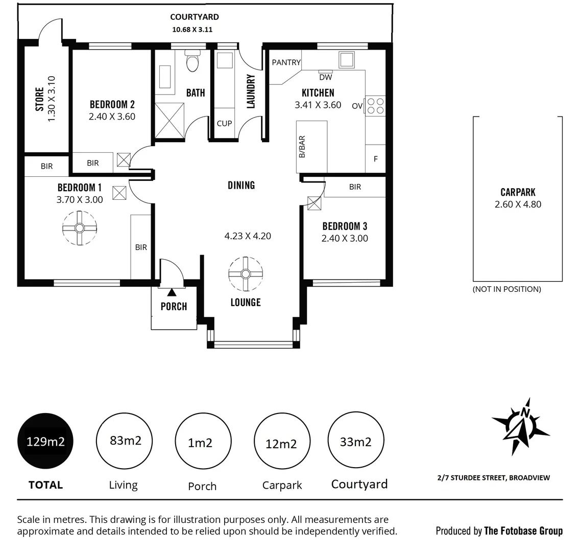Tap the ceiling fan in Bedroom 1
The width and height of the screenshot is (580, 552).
pyautogui.click(x=80, y=228)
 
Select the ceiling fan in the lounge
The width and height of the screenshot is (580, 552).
pyautogui.click(x=245, y=274)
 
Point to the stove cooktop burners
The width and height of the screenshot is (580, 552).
pyautogui.click(x=376, y=106)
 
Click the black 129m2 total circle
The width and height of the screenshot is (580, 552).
pyautogui.click(x=45, y=441)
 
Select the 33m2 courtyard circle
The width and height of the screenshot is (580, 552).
pyautogui.click(x=355, y=441)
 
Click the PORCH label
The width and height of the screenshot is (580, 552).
pyautogui.click(x=174, y=307)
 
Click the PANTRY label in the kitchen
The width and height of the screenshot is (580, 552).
pyautogui.click(x=286, y=62)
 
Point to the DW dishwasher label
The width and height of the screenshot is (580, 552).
pyautogui.click(x=325, y=78)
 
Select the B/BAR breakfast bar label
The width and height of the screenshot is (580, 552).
pyautogui.click(x=302, y=147)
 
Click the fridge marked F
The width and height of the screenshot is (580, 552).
pyautogui.click(x=376, y=159)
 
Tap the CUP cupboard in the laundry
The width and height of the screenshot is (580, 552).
pyautogui.click(x=224, y=123)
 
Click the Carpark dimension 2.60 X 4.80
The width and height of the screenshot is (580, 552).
pyautogui.click(x=518, y=204)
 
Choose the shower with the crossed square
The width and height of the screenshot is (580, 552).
pyautogui.click(x=170, y=121)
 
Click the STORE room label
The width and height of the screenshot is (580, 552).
pyautogui.click(x=39, y=100)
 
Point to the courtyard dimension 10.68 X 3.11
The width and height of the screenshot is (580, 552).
pyautogui.click(x=192, y=30)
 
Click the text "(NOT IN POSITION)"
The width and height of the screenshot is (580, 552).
pyautogui.click(x=506, y=289)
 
